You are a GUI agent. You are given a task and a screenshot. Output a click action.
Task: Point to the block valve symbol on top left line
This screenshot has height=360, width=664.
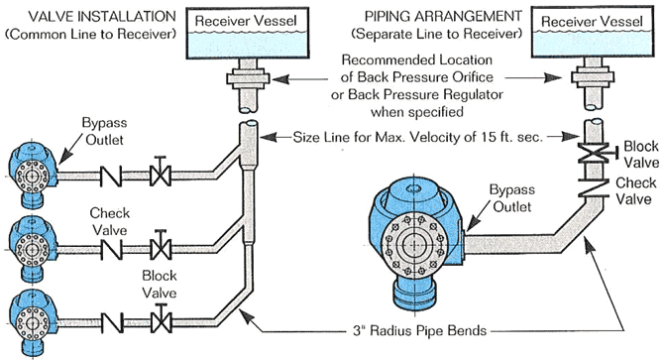[x=158, y=179]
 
